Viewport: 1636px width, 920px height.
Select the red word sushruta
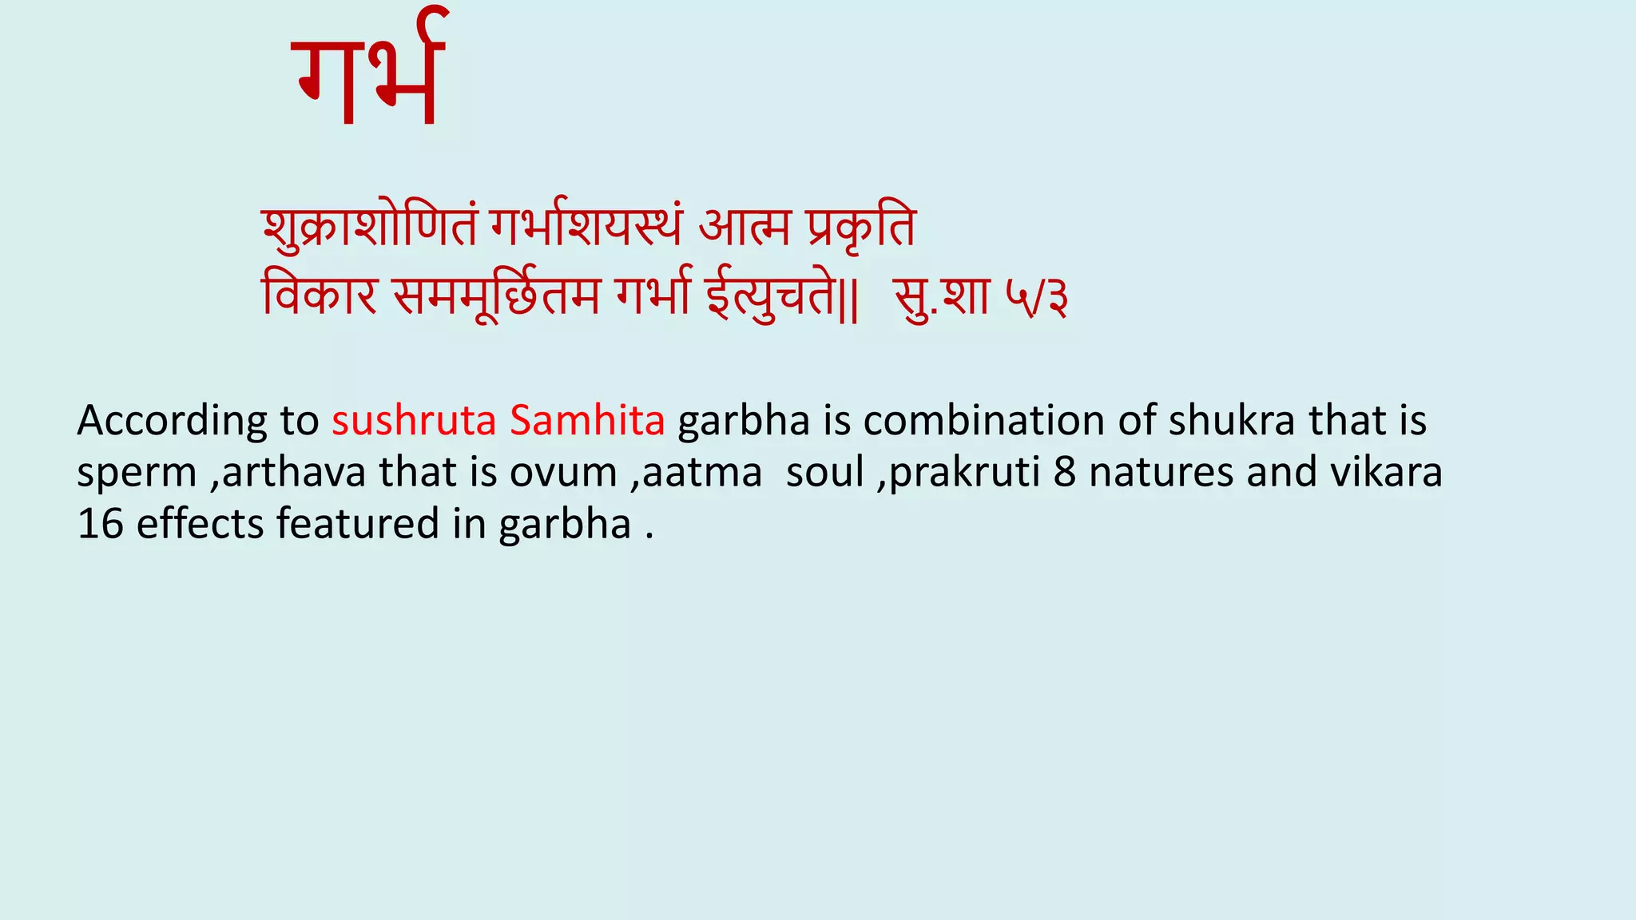414,421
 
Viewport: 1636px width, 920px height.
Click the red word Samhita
587,421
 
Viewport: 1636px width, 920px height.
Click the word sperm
137,473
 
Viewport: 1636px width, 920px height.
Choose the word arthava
293,473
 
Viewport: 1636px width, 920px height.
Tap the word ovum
563,473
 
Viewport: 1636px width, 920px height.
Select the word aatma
702,473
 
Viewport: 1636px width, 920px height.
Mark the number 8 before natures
1065,473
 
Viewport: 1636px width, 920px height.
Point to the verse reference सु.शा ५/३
980,298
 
